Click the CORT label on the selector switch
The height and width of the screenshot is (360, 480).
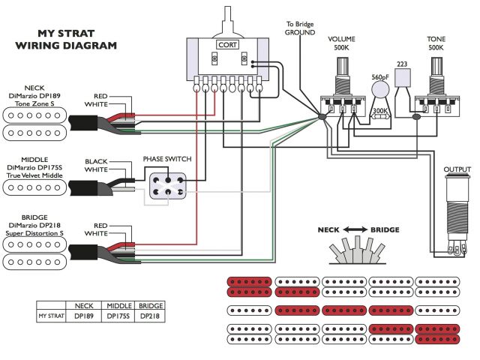tap(227, 45)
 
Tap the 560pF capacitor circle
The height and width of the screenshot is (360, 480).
tap(380, 90)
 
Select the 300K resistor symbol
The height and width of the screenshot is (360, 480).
tap(380, 116)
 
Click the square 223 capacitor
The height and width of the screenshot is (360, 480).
tap(403, 78)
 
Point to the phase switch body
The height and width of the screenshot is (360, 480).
tap(168, 186)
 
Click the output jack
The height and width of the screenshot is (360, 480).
tap(457, 215)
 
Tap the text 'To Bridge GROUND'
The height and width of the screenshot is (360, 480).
tap(300, 28)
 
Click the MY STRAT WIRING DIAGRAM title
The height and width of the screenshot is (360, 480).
tap(66, 40)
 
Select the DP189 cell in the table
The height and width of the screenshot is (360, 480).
tap(83, 316)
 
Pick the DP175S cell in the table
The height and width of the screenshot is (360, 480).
tap(118, 316)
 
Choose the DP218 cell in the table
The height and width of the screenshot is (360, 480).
tap(150, 316)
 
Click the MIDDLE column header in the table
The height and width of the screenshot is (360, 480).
tap(119, 306)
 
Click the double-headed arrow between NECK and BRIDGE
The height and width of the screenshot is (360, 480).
tap(355, 229)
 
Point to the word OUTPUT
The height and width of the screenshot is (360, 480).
tap(457, 169)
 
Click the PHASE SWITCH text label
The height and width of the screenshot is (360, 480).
tap(167, 159)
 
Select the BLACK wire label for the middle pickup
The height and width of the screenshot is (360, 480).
tap(96, 161)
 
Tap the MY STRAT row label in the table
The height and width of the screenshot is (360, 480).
tap(51, 316)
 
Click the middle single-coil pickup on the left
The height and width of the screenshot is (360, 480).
tap(34, 187)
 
